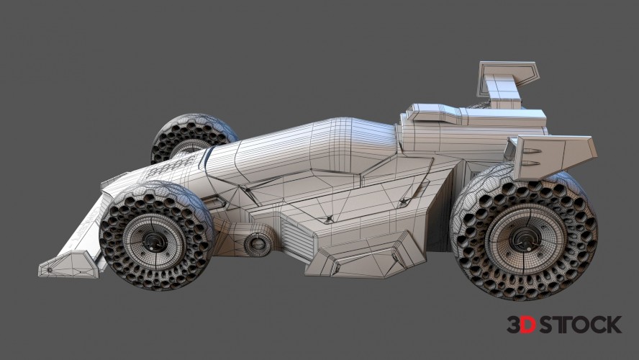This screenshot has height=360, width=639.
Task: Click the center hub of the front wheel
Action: [154, 242]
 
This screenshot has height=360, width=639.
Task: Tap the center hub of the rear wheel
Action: [525, 239]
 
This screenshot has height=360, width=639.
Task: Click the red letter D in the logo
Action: [527, 325]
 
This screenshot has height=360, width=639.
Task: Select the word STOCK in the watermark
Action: [579, 325]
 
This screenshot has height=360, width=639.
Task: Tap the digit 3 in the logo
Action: [514, 325]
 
